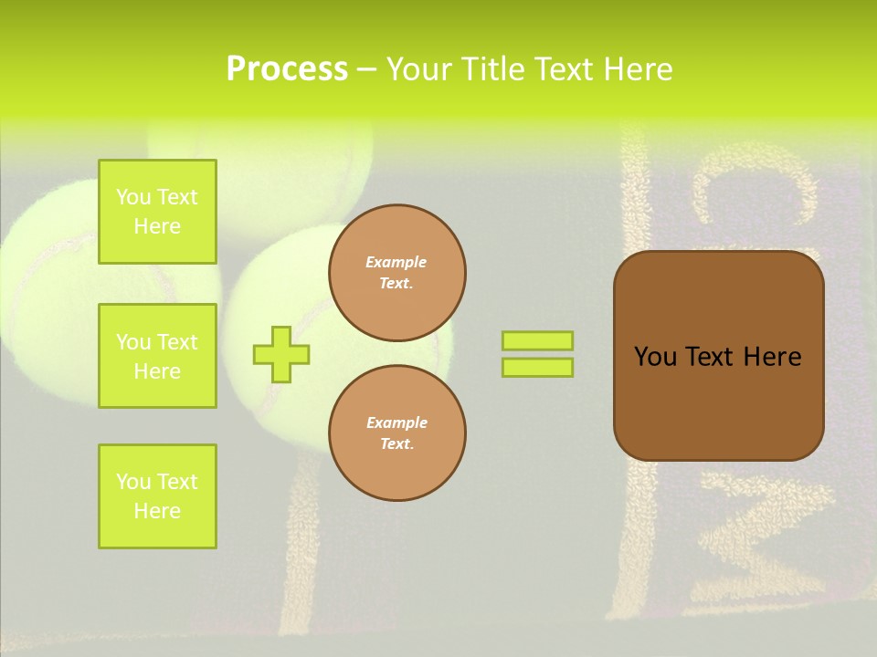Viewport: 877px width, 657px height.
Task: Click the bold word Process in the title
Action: [x=287, y=69]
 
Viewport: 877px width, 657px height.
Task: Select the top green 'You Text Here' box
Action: [x=157, y=212]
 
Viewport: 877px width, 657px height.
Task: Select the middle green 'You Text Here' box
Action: [x=157, y=356]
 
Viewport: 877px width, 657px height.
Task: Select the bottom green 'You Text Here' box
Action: [x=157, y=496]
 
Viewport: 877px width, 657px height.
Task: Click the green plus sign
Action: [x=281, y=354]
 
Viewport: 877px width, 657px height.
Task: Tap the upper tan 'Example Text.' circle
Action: [x=397, y=273]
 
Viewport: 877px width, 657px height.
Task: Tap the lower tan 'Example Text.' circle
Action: [x=397, y=433]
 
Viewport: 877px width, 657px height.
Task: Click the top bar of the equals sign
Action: [x=537, y=340]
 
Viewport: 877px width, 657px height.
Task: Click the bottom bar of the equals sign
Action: [x=537, y=368]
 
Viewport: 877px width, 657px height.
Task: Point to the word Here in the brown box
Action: [x=772, y=357]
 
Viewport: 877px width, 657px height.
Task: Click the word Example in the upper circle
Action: [x=396, y=263]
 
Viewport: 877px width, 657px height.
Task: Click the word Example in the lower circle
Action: [x=396, y=423]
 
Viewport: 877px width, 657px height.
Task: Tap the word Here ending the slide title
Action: [x=639, y=69]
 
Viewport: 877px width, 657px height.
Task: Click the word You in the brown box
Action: [x=654, y=357]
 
